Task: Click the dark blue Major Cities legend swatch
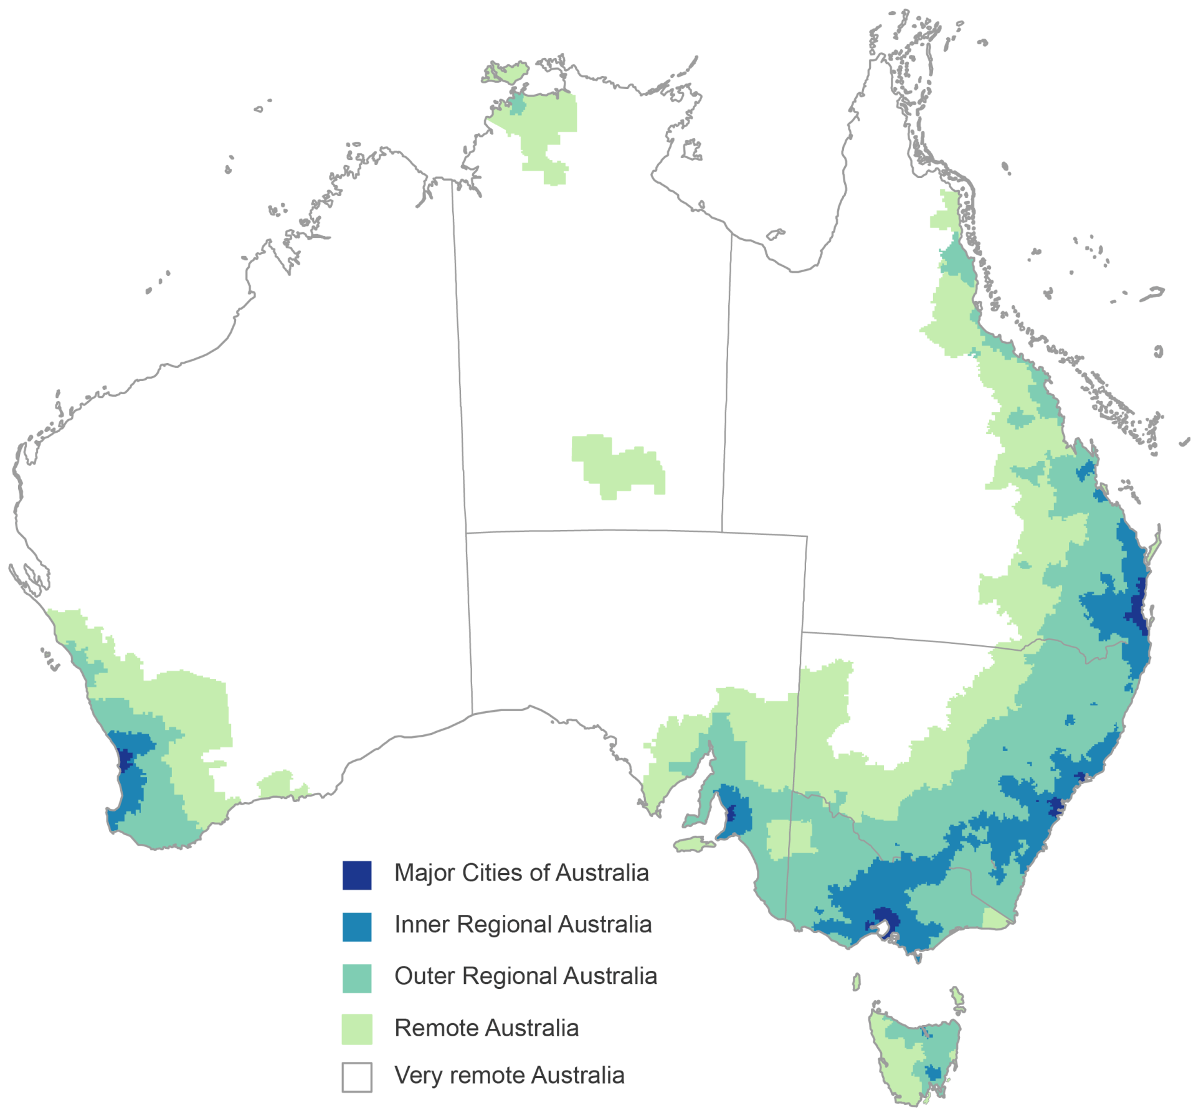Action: click(357, 875)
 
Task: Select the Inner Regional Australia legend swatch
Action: click(357, 927)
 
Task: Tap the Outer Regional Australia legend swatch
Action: click(357, 978)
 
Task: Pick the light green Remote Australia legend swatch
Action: click(357, 1029)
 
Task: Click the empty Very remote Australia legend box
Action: click(357, 1077)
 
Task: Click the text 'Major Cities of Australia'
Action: click(521, 873)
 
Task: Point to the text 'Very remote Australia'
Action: click(509, 1076)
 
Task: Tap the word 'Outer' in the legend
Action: click(424, 976)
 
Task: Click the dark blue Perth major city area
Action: click(125, 760)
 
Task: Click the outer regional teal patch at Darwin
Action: click(517, 105)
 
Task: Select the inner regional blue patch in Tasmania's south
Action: click(933, 1072)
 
